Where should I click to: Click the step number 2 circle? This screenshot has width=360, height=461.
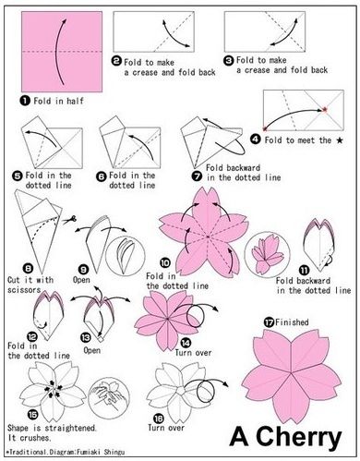coord(117,61)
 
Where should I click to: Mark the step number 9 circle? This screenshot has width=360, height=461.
coord(82,268)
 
